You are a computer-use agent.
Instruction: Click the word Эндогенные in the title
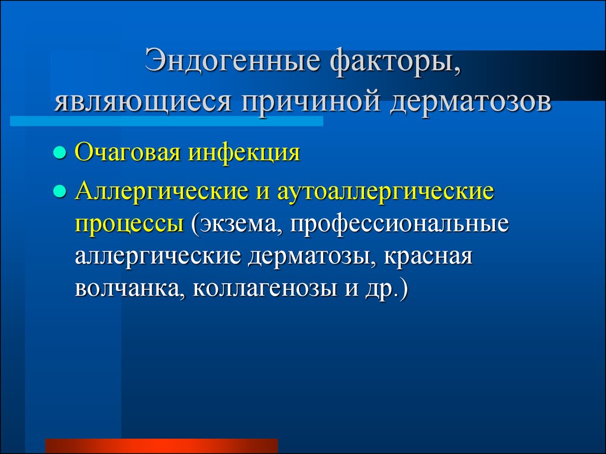pyautogui.click(x=233, y=61)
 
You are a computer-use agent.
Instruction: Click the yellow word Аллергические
pyautogui.click(x=162, y=192)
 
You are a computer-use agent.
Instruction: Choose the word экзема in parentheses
pyautogui.click(x=236, y=225)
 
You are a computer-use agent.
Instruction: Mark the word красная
pyautogui.click(x=428, y=257)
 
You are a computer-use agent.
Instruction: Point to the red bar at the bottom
pyautogui.click(x=162, y=445)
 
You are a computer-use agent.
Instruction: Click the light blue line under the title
pyautogui.click(x=166, y=121)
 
